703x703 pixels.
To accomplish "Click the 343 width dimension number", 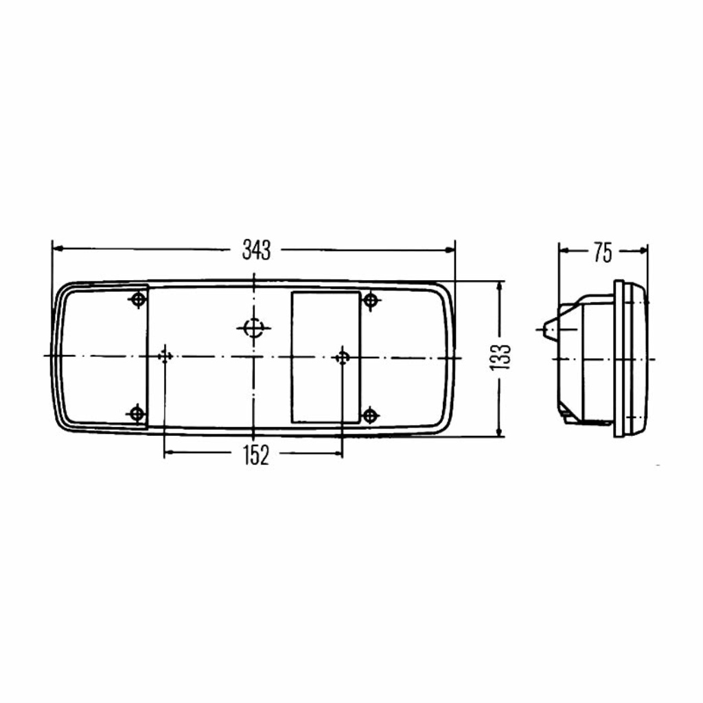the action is coord(257,250).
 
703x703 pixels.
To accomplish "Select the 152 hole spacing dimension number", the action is coord(256,455).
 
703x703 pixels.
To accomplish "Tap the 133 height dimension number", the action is coord(500,357).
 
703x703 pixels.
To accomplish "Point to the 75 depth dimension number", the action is coord(603,253).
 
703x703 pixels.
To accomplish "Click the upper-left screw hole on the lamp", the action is coord(138,299).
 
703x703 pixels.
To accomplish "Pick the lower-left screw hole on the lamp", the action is coord(137,413).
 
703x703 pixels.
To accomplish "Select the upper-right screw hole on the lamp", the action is coord(370,301).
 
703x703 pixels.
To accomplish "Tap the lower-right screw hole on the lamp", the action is coord(370,415).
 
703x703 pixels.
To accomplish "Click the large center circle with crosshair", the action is coord(254,328).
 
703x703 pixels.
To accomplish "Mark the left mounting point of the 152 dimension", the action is coord(165,356).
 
